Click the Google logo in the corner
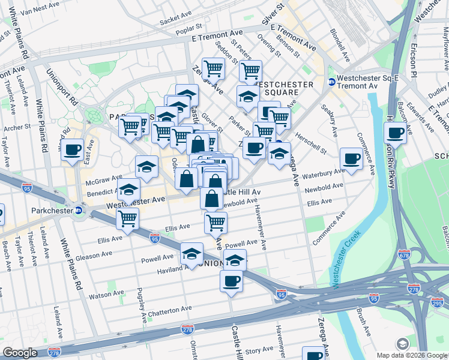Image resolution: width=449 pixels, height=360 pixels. coord(19,353)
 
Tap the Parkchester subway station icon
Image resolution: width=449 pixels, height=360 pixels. coord(79,211)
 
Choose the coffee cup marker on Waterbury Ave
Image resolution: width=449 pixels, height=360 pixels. coord(351,159)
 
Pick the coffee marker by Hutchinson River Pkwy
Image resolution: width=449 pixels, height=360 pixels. coord(396,133)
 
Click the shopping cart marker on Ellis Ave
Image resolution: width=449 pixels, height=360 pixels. coord(215,223)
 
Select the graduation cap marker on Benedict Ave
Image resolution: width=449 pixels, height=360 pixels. coord(128,190)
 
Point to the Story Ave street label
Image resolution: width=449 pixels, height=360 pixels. coord(259,350)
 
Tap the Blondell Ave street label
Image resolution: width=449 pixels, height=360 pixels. coord(340,45)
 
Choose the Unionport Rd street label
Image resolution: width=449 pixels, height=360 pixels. coord(62,86)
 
